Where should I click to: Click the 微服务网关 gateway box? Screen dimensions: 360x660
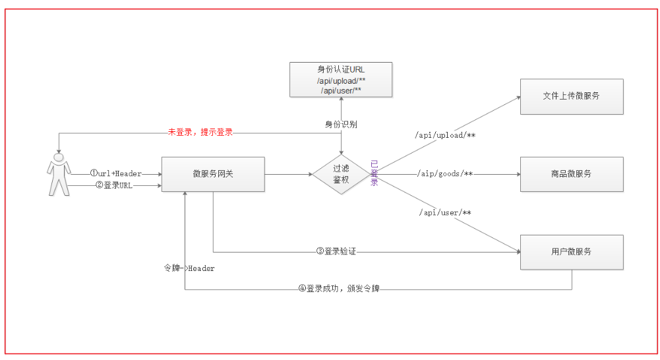[213, 174]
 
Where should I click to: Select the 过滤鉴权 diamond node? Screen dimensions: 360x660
[341, 175]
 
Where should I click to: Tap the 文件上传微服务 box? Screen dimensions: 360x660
[571, 96]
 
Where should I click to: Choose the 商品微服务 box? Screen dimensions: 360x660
[571, 174]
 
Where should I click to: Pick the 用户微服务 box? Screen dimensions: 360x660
[571, 252]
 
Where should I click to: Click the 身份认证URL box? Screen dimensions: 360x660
[341, 80]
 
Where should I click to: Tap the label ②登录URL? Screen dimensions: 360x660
[114, 185]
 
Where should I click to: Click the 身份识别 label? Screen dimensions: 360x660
[341, 124]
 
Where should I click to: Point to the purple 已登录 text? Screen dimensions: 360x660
[375, 173]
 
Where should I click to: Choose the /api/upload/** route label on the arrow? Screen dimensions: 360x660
[446, 135]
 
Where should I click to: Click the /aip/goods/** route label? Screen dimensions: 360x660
[446, 174]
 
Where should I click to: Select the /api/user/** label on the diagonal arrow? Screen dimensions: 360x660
[446, 213]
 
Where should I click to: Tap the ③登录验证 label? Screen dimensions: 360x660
[340, 251]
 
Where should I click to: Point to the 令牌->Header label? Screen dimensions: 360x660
[189, 268]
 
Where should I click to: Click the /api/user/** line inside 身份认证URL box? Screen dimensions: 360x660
[341, 91]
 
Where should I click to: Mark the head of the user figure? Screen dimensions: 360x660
[59, 158]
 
